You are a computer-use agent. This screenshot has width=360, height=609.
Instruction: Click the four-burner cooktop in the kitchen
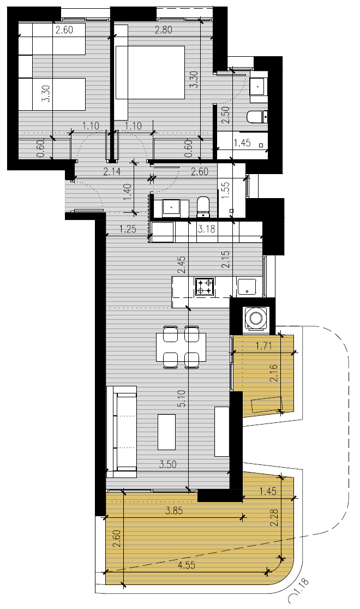pos(205,286)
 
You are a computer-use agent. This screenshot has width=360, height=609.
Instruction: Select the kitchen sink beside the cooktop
pos(246,286)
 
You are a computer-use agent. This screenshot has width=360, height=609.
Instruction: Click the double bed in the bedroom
pos(150,73)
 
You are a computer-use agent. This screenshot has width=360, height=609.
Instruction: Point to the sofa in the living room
pos(122,432)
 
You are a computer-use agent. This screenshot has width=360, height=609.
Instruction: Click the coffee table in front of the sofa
pos(166,432)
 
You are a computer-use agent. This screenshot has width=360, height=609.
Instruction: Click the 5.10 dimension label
pos(183,398)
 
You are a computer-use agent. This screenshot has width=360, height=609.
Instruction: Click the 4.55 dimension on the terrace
pos(186,565)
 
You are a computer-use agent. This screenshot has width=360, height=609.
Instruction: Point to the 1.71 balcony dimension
pos(263,345)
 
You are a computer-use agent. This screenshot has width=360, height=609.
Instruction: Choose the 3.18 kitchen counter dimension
pos(206,229)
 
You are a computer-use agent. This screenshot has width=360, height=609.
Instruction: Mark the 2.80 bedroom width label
pos(163,30)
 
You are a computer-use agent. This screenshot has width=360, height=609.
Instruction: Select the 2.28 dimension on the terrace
pos(275,518)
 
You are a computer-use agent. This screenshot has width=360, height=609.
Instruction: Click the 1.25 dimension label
pos(128,229)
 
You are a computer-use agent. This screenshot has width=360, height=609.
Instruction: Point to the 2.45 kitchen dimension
pos(182,265)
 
